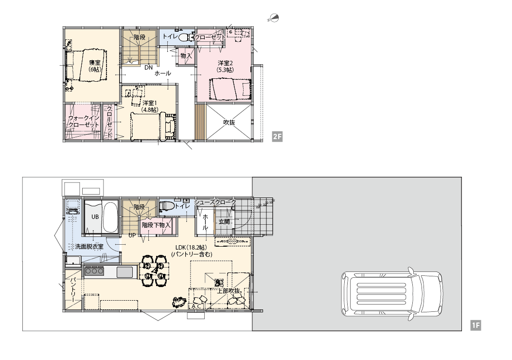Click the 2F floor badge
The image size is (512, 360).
pyautogui.click(x=277, y=137)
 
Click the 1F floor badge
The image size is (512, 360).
pyautogui.click(x=476, y=325)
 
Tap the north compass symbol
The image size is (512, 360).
pyautogui.click(x=274, y=18)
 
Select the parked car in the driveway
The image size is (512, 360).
pyautogui.click(x=392, y=294)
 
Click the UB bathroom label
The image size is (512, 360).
pyautogui.click(x=95, y=217)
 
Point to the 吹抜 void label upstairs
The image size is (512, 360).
pyautogui.click(x=229, y=123)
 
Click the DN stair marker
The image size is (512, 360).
pyautogui.click(x=149, y=68)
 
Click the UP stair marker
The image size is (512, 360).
pyautogui.click(x=132, y=235)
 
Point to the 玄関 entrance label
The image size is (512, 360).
pyautogui.click(x=224, y=221)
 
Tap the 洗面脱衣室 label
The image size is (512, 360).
pyautogui.click(x=89, y=247)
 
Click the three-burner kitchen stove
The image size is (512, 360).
pyautogui.click(x=94, y=271)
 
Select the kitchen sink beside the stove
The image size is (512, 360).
pyautogui.click(x=124, y=272)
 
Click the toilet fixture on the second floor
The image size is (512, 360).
pyautogui.click(x=184, y=37)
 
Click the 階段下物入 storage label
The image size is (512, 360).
pyautogui.click(x=156, y=225)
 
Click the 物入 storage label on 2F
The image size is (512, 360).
pyautogui.click(x=186, y=56)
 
